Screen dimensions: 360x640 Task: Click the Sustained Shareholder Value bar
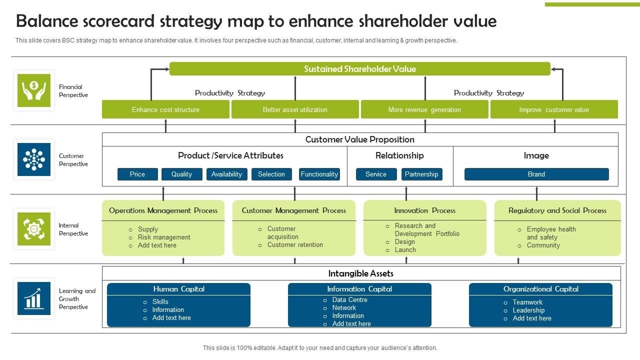(x=359, y=69)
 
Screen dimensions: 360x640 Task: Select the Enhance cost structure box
(x=165, y=109)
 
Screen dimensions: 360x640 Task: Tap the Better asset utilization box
(x=295, y=109)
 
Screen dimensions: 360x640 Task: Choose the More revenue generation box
(x=424, y=109)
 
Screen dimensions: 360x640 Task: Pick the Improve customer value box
(x=554, y=109)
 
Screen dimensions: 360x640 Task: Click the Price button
(x=137, y=174)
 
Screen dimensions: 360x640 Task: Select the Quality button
(x=181, y=174)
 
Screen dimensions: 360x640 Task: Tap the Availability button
(x=226, y=174)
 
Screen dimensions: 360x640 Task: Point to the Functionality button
(x=319, y=174)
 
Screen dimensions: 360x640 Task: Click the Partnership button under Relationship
(x=421, y=174)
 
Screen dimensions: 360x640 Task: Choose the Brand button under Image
(x=536, y=174)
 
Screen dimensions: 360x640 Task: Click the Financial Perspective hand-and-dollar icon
(x=34, y=90)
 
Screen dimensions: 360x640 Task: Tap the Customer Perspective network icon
(x=34, y=159)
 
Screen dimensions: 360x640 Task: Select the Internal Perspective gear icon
(x=34, y=229)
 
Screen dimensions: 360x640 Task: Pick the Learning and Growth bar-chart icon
(x=34, y=298)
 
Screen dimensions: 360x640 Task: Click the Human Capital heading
(x=178, y=289)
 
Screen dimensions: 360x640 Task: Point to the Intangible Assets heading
(x=360, y=273)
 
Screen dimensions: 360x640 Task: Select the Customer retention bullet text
(x=295, y=245)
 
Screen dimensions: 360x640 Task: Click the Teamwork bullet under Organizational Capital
(x=527, y=302)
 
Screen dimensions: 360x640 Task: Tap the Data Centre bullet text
(x=349, y=300)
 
